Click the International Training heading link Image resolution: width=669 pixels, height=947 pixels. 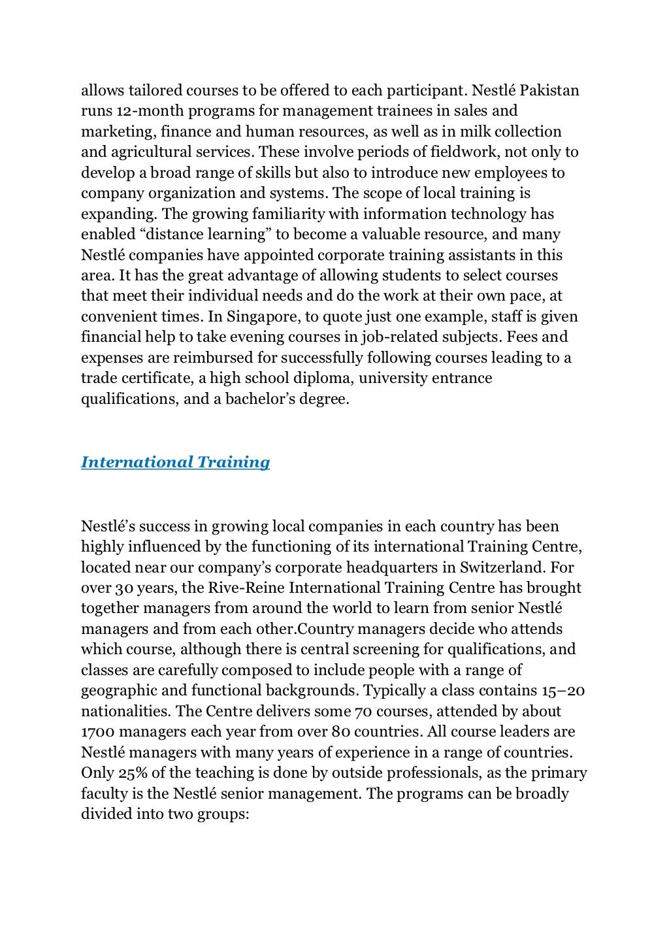[x=175, y=462]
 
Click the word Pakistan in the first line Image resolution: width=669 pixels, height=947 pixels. [x=551, y=90]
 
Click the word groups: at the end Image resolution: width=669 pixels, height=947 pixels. [x=223, y=814]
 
